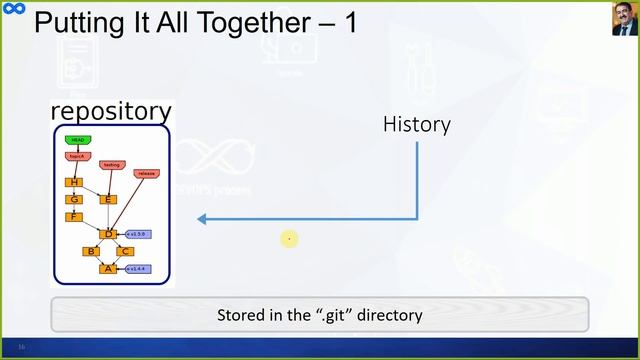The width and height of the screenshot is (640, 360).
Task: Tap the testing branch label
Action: click(111, 164)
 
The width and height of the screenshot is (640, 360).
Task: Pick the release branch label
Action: click(146, 174)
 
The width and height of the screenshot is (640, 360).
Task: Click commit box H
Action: click(73, 182)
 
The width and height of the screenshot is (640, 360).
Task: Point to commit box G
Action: click(73, 199)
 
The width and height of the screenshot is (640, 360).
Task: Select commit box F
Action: click(73, 216)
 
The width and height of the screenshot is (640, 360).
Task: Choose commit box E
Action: click(108, 199)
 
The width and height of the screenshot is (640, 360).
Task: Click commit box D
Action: click(108, 234)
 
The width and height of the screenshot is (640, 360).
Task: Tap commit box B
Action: click(91, 251)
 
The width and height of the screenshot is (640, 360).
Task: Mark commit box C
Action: click(125, 251)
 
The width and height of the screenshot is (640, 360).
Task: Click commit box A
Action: click(108, 268)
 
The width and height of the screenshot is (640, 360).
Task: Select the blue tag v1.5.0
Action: click(138, 234)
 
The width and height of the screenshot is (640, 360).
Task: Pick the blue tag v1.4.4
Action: click(138, 269)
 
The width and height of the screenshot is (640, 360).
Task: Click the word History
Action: click(416, 124)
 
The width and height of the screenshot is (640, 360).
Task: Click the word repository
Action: click(111, 110)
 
